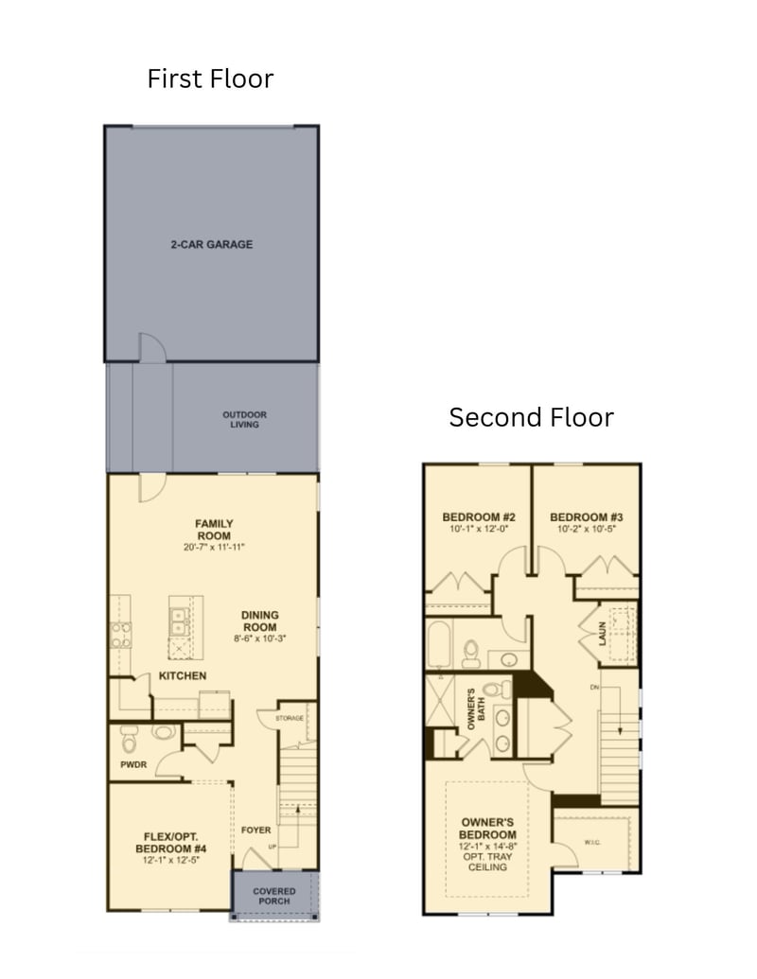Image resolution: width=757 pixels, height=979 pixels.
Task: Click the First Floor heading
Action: tap(210, 79)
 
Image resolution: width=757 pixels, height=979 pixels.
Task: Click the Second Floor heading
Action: tap(531, 417)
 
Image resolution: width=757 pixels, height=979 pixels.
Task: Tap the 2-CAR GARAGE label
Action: tap(212, 244)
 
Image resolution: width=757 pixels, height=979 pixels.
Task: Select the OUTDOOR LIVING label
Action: tap(245, 419)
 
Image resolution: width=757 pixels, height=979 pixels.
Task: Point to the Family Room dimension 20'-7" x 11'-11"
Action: tap(214, 548)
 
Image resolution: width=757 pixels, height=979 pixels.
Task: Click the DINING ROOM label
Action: tap(259, 621)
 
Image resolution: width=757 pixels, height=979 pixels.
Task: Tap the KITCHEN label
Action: tap(183, 675)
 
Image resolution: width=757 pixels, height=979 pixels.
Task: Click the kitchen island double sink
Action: tap(178, 621)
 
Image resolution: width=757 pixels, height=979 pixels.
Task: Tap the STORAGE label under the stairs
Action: tap(290, 718)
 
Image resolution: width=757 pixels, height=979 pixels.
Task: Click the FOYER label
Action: tap(255, 830)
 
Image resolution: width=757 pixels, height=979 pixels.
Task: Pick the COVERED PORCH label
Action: tap(274, 895)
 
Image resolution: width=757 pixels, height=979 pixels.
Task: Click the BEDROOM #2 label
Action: tap(479, 516)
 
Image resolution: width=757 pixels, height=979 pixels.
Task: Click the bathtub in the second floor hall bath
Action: tap(441, 644)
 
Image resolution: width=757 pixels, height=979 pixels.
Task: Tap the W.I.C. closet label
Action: tap(592, 842)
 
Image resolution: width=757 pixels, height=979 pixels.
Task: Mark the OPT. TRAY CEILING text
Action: tap(487, 861)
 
